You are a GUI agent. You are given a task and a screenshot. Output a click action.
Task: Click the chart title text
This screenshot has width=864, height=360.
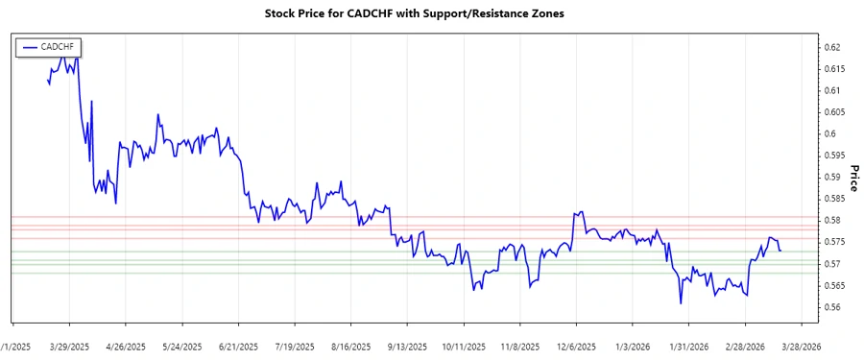tap(430, 14)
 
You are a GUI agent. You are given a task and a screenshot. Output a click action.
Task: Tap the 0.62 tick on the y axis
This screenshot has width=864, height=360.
tap(831, 47)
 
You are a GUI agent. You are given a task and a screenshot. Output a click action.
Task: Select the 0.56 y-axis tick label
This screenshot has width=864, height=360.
tap(831, 307)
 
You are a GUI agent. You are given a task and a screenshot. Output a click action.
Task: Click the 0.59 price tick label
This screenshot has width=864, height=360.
tap(831, 177)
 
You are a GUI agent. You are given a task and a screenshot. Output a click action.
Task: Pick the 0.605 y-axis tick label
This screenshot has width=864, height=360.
tap(833, 112)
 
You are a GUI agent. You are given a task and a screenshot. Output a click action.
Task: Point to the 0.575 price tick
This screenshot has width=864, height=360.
tap(833, 242)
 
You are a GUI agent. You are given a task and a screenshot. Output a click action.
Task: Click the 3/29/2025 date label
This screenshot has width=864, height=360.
tap(69, 347)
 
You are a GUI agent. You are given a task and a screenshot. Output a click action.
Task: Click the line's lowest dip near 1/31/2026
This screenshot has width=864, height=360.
tap(680, 303)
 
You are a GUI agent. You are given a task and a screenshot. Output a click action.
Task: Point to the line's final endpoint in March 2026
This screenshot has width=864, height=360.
tap(780, 251)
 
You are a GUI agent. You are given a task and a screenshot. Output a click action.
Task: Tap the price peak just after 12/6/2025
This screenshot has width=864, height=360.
tap(580, 212)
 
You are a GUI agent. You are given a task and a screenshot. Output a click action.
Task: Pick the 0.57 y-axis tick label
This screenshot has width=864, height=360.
tap(831, 264)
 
